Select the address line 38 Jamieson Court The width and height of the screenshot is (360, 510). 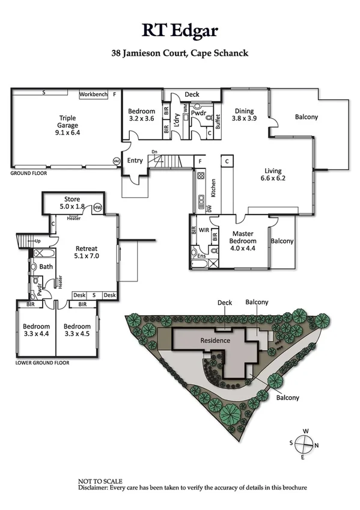tap(180, 53)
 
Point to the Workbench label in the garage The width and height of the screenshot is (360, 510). tap(93, 94)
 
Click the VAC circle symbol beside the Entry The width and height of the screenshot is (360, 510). tap(117, 161)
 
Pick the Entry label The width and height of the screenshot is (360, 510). tap(135, 161)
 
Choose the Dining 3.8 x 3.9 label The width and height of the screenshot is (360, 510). tap(244, 115)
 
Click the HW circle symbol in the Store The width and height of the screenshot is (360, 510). tap(98, 208)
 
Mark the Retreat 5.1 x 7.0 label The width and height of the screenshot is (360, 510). tap(87, 252)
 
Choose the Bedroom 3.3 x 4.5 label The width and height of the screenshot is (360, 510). tap(76, 330)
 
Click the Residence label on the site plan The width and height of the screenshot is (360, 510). tap(215, 340)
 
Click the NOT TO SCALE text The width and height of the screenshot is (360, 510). tap(100, 481)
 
